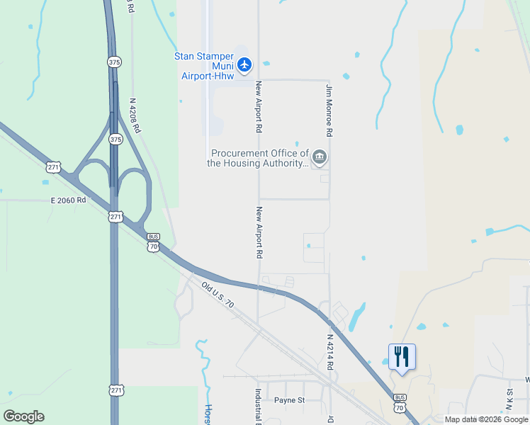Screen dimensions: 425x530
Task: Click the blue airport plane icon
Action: (244, 65)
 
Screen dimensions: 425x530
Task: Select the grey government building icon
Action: (320, 157)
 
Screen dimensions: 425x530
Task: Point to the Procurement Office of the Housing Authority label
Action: (259, 158)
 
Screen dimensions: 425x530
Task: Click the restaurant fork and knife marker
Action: (402, 356)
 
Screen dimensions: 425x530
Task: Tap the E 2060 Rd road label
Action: (68, 200)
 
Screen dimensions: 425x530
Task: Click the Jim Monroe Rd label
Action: (329, 110)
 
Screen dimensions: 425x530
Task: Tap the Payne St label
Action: (289, 400)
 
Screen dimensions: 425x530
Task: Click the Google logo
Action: (23, 416)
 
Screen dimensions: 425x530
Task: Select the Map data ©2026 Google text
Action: (486, 419)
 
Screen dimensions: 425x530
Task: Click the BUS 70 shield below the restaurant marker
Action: (400, 404)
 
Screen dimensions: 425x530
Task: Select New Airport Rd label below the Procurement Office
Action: (260, 232)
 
